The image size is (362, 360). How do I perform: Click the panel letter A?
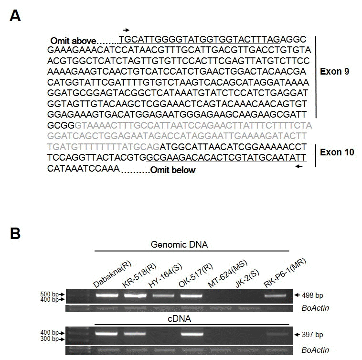[x=15, y=16]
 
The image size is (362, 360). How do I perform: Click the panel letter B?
[x=15, y=233]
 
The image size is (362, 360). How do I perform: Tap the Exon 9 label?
[x=334, y=72]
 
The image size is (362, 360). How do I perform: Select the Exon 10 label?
[x=337, y=153]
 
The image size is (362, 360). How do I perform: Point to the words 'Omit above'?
[x=73, y=41]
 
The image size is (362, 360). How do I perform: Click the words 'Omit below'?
[x=173, y=170]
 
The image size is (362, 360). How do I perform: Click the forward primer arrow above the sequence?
[x=126, y=30]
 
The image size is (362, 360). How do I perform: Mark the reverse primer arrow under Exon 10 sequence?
[x=299, y=166]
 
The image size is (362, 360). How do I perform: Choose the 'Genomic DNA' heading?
[x=179, y=244]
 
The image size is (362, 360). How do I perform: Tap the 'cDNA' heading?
[x=180, y=319]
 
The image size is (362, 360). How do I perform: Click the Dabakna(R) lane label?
[x=112, y=274]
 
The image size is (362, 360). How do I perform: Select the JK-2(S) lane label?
[x=247, y=279]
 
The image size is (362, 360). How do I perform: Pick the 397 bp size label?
[x=312, y=335]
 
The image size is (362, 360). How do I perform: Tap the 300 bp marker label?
[x=49, y=339]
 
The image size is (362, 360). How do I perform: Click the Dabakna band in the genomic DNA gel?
[x=107, y=295]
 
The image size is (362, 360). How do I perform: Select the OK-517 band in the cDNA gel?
[x=192, y=334]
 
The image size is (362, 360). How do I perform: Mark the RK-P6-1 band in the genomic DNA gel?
[x=275, y=295]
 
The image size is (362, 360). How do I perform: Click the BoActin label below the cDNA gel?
[x=315, y=350]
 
